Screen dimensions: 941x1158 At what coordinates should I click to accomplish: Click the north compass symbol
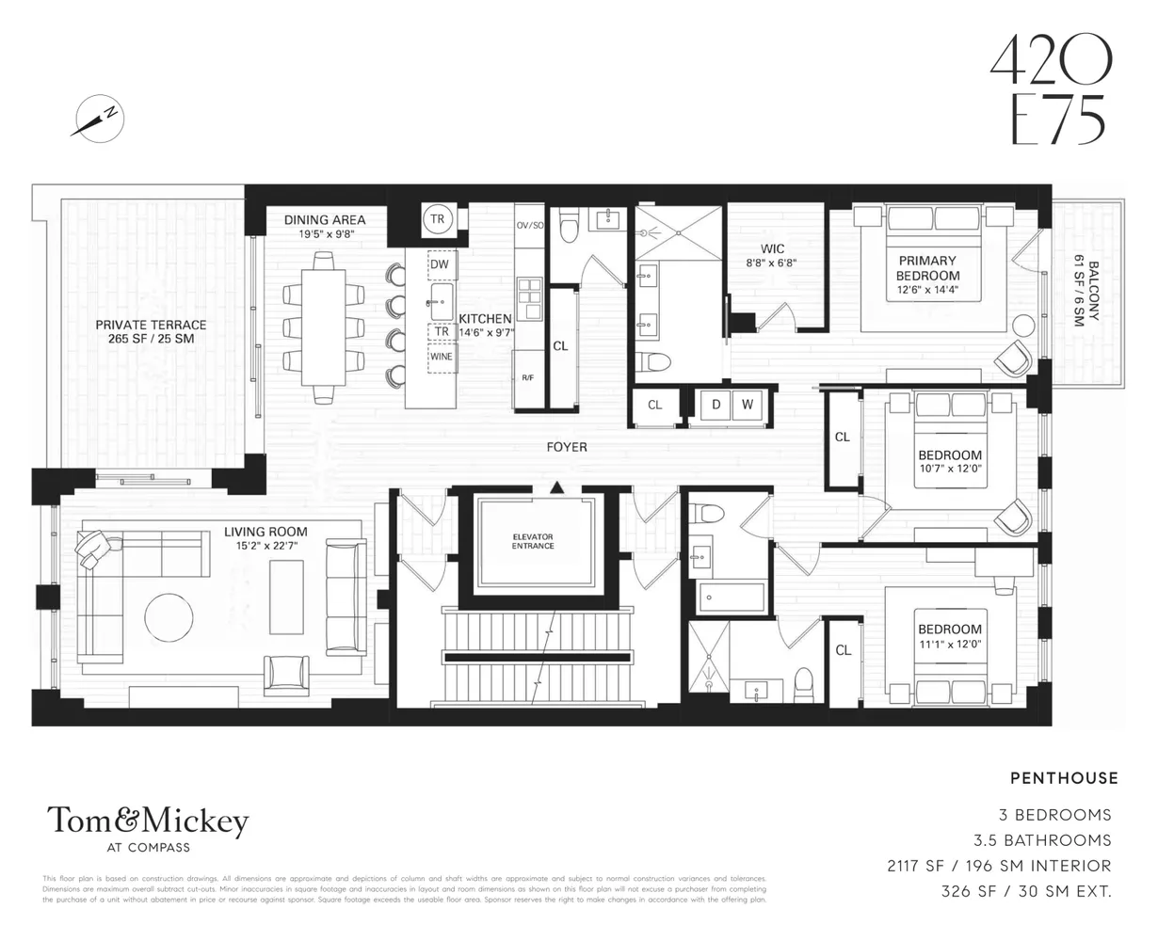coord(98,120)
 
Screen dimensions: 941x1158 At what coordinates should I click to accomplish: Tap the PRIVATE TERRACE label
coord(151,331)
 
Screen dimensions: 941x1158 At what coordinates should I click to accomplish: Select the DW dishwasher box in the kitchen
coord(440,265)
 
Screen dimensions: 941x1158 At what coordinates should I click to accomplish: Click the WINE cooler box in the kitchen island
coord(440,357)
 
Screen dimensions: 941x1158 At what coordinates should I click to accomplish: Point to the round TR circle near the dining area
coord(437,218)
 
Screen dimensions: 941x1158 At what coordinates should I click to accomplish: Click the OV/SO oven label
coord(530,226)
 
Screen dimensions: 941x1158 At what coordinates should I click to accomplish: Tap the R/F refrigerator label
coord(528,377)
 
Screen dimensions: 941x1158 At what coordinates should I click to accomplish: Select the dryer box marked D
coord(716,405)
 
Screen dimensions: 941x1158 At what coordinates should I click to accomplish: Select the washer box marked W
coord(747,405)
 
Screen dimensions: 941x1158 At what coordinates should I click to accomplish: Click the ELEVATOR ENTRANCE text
coord(533,541)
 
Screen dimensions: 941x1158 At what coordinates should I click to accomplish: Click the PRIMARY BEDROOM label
coord(927,268)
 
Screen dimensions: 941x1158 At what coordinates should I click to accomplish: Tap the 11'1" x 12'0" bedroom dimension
coord(949,646)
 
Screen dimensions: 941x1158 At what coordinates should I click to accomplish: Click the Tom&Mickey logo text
coord(148,821)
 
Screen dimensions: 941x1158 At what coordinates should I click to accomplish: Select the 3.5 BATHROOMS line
coord(1054,840)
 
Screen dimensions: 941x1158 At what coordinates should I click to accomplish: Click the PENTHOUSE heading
coord(1064,778)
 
